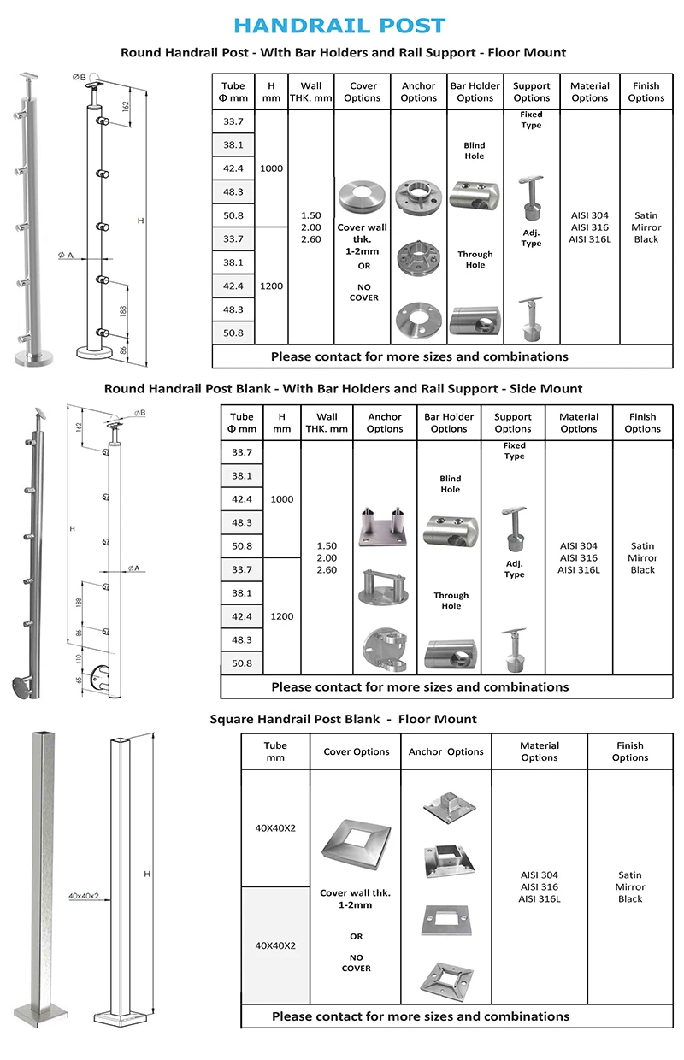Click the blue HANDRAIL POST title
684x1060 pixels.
point(339,26)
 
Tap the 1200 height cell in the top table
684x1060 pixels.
point(271,286)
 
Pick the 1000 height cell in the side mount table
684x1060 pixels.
point(282,499)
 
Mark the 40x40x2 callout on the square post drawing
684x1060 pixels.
point(84,896)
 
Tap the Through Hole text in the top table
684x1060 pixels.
point(475,259)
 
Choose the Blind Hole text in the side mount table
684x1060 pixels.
point(451,484)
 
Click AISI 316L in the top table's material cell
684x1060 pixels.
point(590,239)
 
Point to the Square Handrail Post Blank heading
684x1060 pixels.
point(343,719)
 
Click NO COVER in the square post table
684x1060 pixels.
point(356,963)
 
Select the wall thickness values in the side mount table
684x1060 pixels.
point(327,557)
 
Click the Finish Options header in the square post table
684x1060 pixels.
point(629,751)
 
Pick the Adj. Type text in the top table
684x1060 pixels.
point(531,238)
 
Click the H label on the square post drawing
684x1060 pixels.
point(147,874)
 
